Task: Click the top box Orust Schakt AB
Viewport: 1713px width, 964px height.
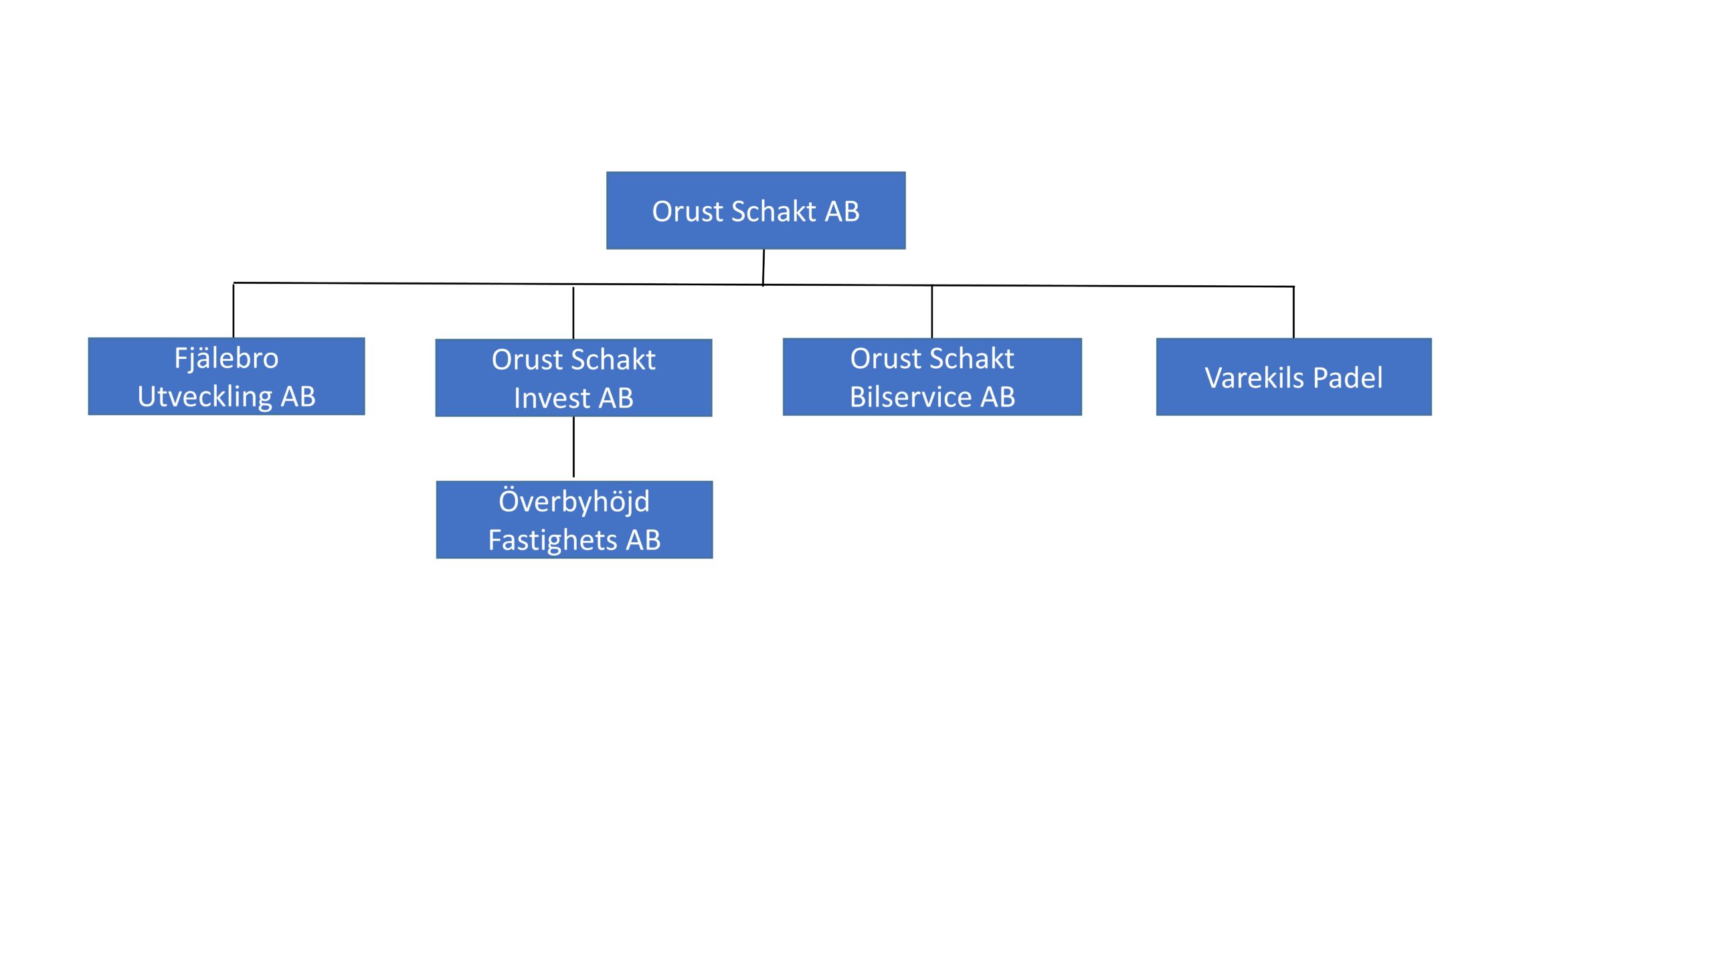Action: coord(755,210)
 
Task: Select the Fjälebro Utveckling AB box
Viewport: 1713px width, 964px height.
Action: coord(226,376)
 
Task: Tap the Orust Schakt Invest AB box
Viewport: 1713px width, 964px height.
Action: coord(573,378)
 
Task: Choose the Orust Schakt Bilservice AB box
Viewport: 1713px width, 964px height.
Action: coord(932,377)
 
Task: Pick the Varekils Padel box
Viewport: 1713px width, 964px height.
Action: coord(1293,377)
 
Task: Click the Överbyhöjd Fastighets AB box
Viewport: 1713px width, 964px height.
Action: coord(574,519)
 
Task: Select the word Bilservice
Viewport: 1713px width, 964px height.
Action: coord(911,397)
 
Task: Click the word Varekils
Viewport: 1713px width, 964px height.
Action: coord(1255,378)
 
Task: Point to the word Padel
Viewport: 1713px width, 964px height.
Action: coord(1348,378)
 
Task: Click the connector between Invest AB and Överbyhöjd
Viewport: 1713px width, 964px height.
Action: coord(573,447)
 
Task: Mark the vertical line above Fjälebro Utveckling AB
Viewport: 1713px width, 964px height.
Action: coord(233,311)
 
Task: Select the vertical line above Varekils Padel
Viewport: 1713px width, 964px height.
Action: coord(1293,313)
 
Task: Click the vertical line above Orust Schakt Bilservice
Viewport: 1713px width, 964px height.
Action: coord(931,312)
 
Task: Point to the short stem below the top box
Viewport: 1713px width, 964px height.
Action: coord(763,268)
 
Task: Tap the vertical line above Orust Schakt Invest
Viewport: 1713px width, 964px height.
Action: coord(573,313)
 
